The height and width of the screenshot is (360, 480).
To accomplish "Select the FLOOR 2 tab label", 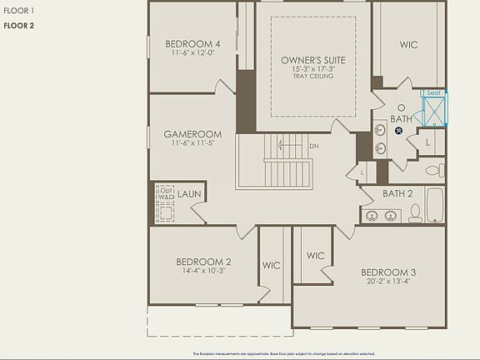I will (x=18, y=26).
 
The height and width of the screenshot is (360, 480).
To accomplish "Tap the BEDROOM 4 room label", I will (x=192, y=44).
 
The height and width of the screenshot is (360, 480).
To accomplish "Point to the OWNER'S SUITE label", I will (x=313, y=61).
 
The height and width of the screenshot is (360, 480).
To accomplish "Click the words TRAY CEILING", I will (x=313, y=76).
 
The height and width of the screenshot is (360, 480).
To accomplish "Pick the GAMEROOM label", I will (x=192, y=134).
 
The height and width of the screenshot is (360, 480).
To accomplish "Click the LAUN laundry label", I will (x=189, y=194).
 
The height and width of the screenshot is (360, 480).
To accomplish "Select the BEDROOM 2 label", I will (x=204, y=262).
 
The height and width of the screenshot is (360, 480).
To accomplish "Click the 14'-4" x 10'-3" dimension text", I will (x=204, y=272).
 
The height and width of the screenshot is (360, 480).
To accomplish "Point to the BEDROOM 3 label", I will (x=387, y=272).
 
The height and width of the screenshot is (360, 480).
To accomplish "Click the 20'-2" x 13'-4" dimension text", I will (x=387, y=282).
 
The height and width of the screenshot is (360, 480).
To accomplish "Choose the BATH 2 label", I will (x=397, y=194).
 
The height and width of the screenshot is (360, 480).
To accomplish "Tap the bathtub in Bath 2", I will (x=435, y=205).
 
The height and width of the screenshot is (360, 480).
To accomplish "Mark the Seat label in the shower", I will (x=433, y=93).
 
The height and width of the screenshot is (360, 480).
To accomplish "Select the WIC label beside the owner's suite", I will (x=408, y=45).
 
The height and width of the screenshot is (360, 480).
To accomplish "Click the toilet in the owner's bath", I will (x=434, y=169).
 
